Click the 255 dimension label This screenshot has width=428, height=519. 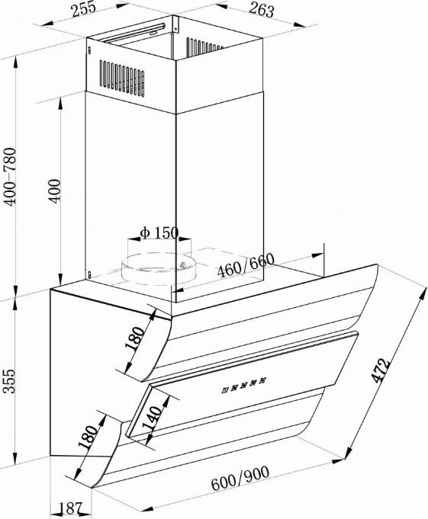click(x=84, y=9)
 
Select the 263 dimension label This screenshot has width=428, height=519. click(x=262, y=10)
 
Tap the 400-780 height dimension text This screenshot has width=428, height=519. click(x=10, y=177)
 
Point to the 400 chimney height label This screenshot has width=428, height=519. click(x=54, y=191)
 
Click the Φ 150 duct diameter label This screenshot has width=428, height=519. click(x=159, y=232)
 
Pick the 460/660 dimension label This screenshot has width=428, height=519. click(x=246, y=265)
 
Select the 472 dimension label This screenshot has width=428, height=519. click(x=380, y=370)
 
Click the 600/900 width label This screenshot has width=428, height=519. click(x=240, y=478)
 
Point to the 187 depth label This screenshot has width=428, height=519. click(x=70, y=508)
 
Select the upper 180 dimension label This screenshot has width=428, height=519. click(x=135, y=338)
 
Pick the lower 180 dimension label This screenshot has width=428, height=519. click(x=88, y=437)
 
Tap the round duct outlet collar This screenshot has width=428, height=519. click(x=159, y=267)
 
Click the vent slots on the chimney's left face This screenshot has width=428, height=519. click(x=122, y=78)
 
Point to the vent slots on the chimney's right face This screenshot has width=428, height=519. click(x=204, y=47)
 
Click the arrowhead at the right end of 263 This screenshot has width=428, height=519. click(x=300, y=24)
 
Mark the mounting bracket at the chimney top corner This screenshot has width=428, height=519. click(x=175, y=24)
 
